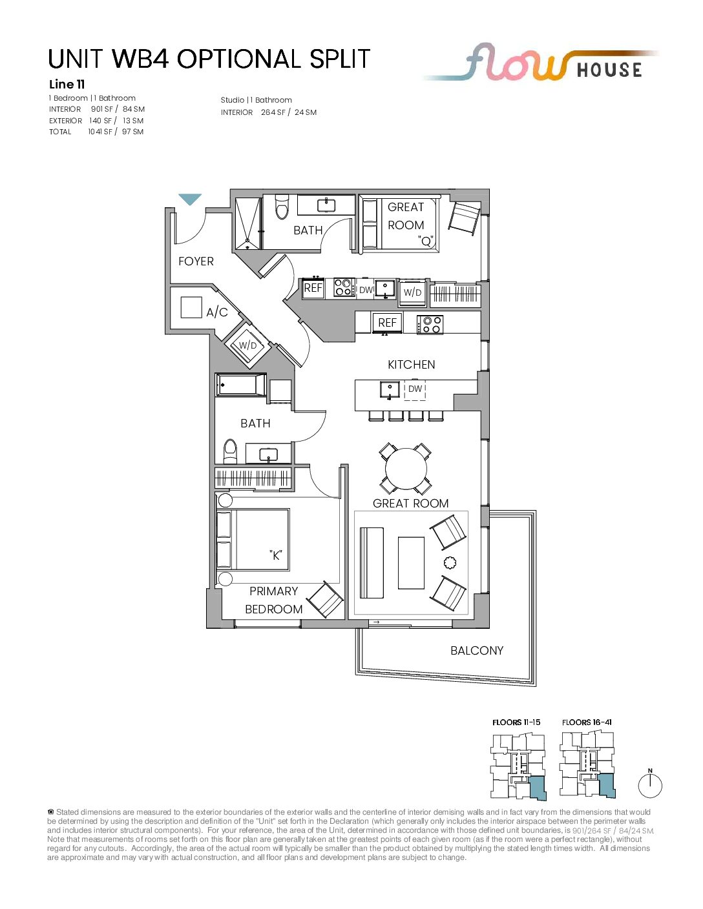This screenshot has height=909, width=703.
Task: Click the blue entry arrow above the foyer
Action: click(x=190, y=198)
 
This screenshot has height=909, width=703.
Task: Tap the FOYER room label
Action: click(x=196, y=261)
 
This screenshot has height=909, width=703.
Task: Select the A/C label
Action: click(x=217, y=312)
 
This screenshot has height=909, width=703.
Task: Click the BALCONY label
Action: click(x=476, y=651)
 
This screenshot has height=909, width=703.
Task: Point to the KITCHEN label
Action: click(x=411, y=365)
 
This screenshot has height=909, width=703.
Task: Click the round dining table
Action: click(x=406, y=469)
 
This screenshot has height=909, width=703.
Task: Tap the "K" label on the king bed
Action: click(x=275, y=555)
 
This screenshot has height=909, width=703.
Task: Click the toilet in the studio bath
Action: click(x=282, y=207)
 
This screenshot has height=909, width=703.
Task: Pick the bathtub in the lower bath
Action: click(x=241, y=385)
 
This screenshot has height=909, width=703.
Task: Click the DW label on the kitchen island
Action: click(x=415, y=389)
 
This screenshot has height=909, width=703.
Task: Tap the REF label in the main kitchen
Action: click(x=387, y=323)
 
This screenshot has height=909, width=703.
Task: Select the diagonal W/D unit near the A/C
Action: click(x=247, y=345)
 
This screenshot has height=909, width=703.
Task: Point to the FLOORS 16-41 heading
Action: click(x=587, y=722)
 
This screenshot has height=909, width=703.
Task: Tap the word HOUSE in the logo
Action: click(x=609, y=70)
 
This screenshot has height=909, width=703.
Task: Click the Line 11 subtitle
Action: click(x=67, y=85)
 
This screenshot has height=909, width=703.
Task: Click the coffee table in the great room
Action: click(x=411, y=562)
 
